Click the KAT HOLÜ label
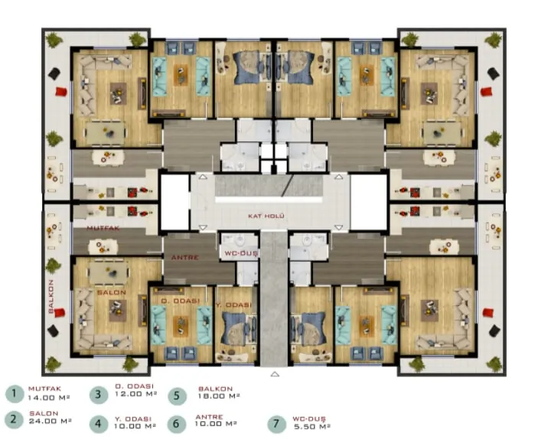[x=266, y=216]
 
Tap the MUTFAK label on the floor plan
[x=103, y=228]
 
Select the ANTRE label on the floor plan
[x=185, y=257]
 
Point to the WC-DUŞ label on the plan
[x=241, y=254]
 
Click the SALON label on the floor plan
[x=112, y=293]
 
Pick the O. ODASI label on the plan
[x=181, y=301]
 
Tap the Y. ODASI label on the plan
[x=233, y=305]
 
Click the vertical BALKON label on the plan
[x=51, y=296]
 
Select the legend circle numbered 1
[x=15, y=394]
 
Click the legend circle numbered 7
[x=276, y=424]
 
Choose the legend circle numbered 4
[x=99, y=424]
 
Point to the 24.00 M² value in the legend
[x=50, y=421]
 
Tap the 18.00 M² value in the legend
[x=219, y=396]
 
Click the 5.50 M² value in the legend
[x=312, y=427]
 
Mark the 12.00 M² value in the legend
[x=136, y=394]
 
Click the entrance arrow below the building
[x=275, y=374]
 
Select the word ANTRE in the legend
[x=209, y=417]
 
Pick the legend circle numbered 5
[x=177, y=395]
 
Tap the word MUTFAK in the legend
[x=44, y=389]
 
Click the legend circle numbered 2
[x=14, y=419]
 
